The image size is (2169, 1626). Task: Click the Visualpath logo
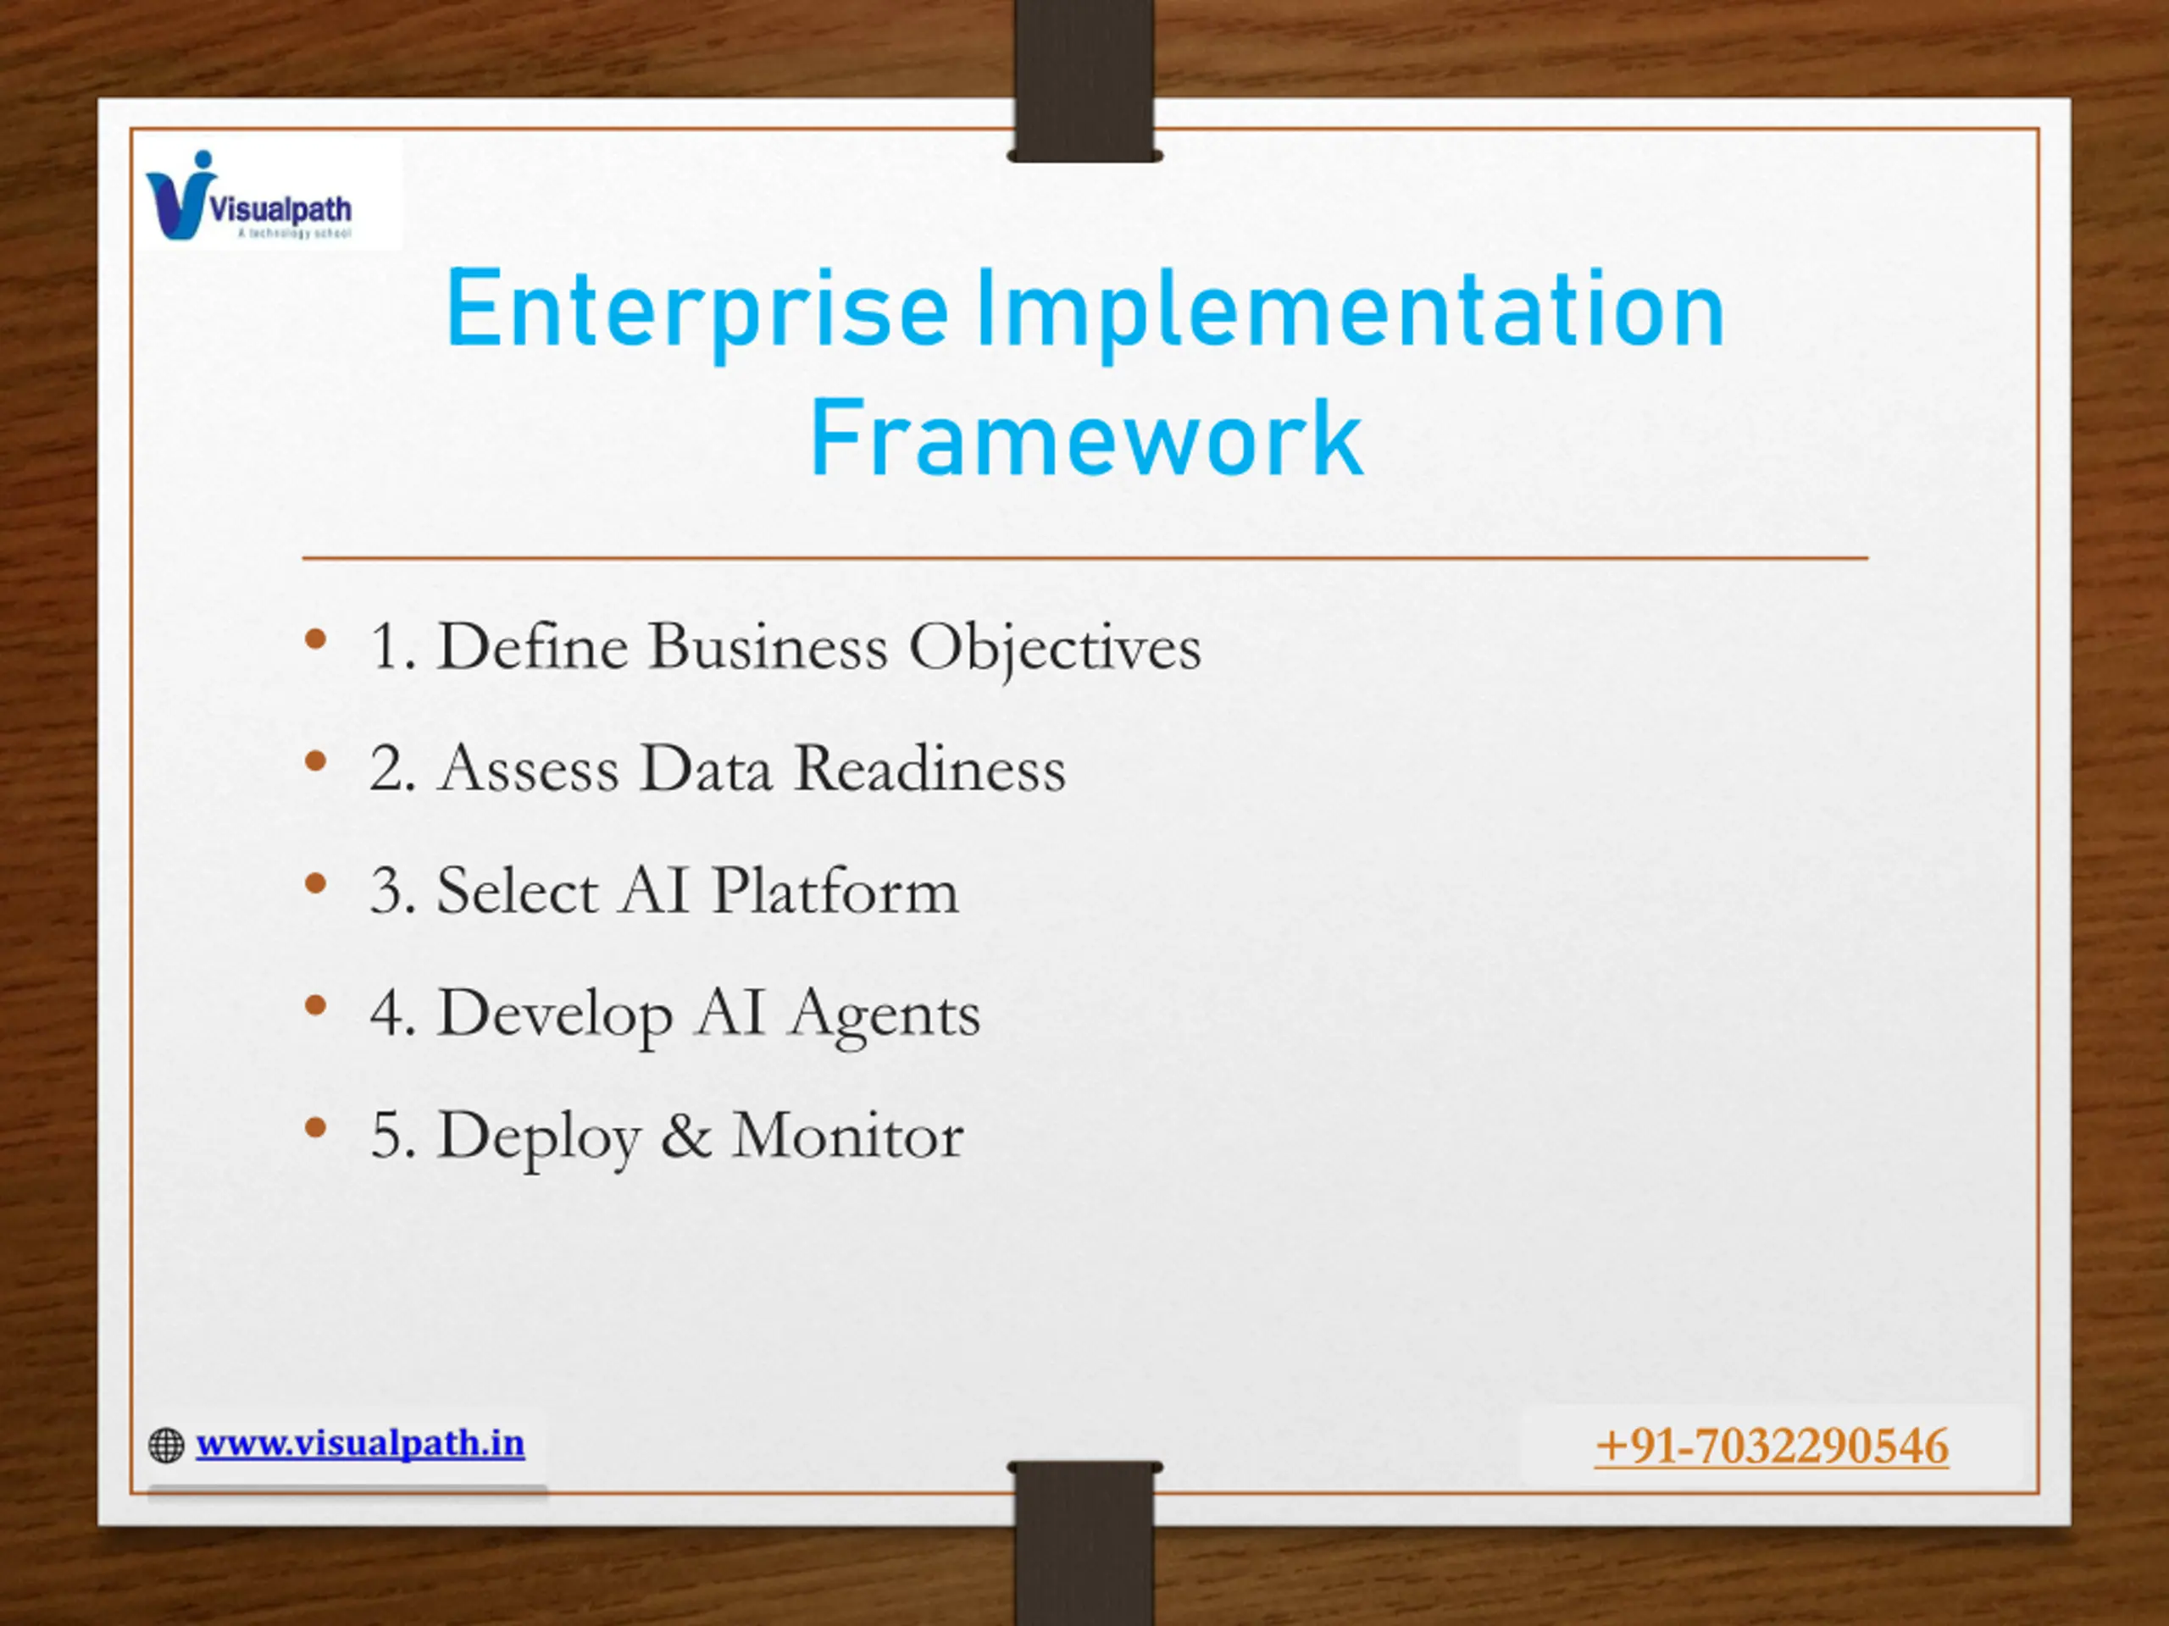coord(249,196)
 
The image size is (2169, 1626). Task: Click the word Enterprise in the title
coord(697,312)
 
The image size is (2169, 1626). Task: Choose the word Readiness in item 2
coord(929,768)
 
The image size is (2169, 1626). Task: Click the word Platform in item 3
coord(835,891)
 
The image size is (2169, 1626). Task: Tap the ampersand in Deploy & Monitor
coord(686,1137)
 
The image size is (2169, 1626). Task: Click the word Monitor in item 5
coord(847,1136)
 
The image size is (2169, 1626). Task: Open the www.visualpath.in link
coord(360,1443)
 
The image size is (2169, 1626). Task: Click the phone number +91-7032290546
coord(1772,1446)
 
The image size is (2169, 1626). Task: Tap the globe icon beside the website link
coord(166,1446)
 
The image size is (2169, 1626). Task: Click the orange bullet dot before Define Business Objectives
coord(315,641)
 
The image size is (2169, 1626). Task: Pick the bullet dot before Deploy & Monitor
coord(315,1129)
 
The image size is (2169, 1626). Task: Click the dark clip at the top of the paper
coord(1084,80)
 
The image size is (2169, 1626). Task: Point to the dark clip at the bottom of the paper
coord(1084,1543)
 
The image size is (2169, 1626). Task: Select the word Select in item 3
coord(517,891)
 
